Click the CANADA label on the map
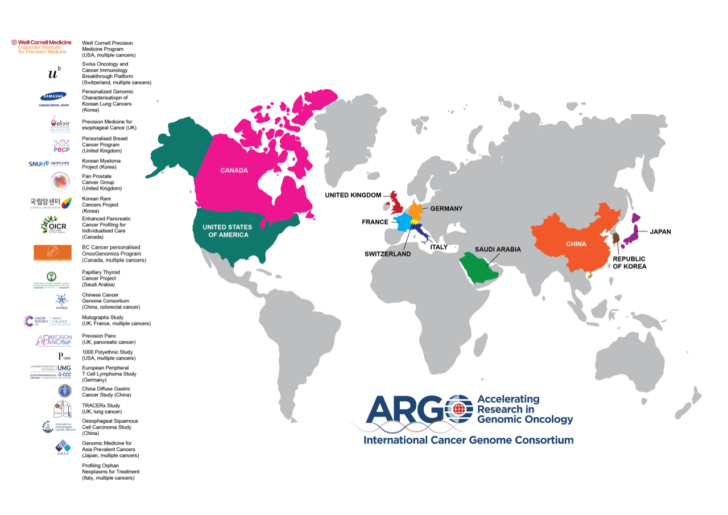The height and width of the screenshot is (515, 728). point(234,170)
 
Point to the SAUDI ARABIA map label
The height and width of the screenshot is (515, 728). point(498,249)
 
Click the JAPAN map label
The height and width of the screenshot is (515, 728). point(660,232)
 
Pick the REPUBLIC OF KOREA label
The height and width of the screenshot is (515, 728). point(630,262)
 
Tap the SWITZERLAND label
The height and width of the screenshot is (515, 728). point(387,254)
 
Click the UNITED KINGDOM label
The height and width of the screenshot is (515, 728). point(353,195)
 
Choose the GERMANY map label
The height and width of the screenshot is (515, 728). point(446,209)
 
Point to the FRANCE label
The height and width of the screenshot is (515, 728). point(375,222)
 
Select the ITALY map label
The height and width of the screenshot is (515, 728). point(439,247)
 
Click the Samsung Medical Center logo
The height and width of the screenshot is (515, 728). point(52,98)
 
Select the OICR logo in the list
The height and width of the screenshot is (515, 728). point(54,225)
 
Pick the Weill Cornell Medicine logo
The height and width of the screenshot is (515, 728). point(42,47)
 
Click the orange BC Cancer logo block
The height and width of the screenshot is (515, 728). point(52,253)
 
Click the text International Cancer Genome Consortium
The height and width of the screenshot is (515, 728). point(468,440)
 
